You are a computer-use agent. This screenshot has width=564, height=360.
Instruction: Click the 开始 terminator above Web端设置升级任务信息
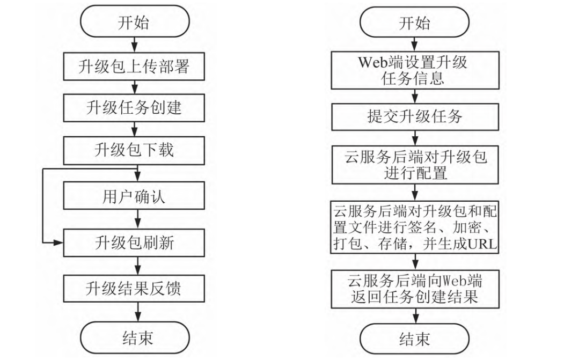(415, 24)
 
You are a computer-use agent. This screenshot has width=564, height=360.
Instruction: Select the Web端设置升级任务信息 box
(415, 71)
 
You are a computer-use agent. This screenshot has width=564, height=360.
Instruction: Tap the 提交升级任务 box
(415, 116)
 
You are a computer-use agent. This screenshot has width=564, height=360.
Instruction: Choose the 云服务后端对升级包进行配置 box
(415, 165)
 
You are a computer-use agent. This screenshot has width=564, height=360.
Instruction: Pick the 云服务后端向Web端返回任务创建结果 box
(415, 288)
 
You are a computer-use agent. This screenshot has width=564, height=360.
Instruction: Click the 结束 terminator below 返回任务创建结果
(415, 338)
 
